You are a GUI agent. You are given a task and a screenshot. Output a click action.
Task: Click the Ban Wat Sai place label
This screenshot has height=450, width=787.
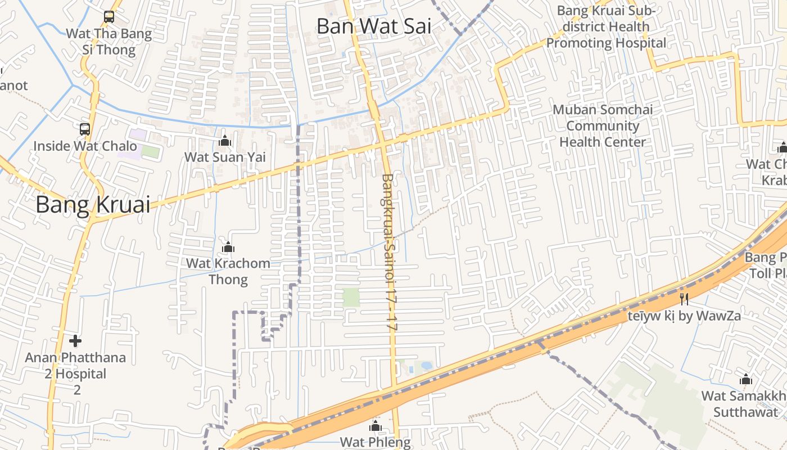pyautogui.click(x=374, y=26)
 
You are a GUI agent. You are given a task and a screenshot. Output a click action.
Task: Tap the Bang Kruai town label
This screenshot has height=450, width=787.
pyautogui.click(x=93, y=205)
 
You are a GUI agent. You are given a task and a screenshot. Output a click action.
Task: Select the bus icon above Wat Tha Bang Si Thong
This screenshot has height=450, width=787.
pyautogui.click(x=109, y=17)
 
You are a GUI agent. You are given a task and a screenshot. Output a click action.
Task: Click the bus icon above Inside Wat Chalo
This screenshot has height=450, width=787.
pyautogui.click(x=84, y=129)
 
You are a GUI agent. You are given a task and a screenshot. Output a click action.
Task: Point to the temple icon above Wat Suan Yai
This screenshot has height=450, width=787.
pyautogui.click(x=225, y=141)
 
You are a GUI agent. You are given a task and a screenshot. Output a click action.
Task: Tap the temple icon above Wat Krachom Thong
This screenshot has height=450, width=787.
pyautogui.click(x=228, y=247)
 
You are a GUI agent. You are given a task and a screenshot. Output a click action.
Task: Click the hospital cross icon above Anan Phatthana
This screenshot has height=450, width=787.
pyautogui.click(x=75, y=341)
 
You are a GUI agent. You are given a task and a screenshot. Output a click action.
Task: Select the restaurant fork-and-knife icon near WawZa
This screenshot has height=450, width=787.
pyautogui.click(x=684, y=299)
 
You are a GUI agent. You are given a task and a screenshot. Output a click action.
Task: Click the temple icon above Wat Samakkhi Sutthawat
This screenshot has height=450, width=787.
pyautogui.click(x=746, y=379)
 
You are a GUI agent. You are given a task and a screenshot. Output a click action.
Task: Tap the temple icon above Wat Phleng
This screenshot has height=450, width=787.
pyautogui.click(x=376, y=426)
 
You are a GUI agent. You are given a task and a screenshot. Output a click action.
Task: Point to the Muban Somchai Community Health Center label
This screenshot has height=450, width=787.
pyautogui.click(x=603, y=125)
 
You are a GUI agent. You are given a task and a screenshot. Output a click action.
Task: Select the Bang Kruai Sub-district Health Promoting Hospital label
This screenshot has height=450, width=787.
pyautogui.click(x=606, y=26)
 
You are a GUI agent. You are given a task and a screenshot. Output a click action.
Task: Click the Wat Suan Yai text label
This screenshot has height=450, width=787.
pyautogui.click(x=225, y=157)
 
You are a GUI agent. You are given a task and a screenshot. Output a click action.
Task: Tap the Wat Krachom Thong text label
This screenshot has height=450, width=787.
pyautogui.click(x=228, y=271)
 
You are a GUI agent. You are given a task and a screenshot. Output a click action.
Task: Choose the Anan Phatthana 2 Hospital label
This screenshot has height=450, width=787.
pyautogui.click(x=75, y=373)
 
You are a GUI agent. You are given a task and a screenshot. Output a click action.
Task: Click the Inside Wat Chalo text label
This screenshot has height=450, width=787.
pyautogui.click(x=85, y=146)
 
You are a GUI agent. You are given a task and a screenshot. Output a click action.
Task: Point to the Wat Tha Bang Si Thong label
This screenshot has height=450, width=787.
pyautogui.click(x=109, y=42)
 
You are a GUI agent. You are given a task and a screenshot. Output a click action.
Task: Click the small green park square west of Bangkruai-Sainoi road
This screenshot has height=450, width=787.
pyautogui.click(x=351, y=297)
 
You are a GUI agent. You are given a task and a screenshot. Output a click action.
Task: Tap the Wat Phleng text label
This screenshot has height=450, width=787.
pyautogui.click(x=376, y=442)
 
